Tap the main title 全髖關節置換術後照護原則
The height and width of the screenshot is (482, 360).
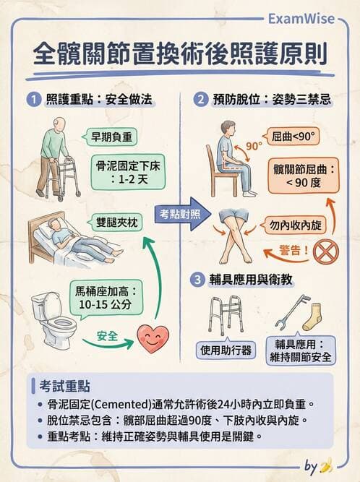point(179,55)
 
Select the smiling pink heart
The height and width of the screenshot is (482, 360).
point(153,338)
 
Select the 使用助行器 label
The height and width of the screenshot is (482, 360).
point(226,350)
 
